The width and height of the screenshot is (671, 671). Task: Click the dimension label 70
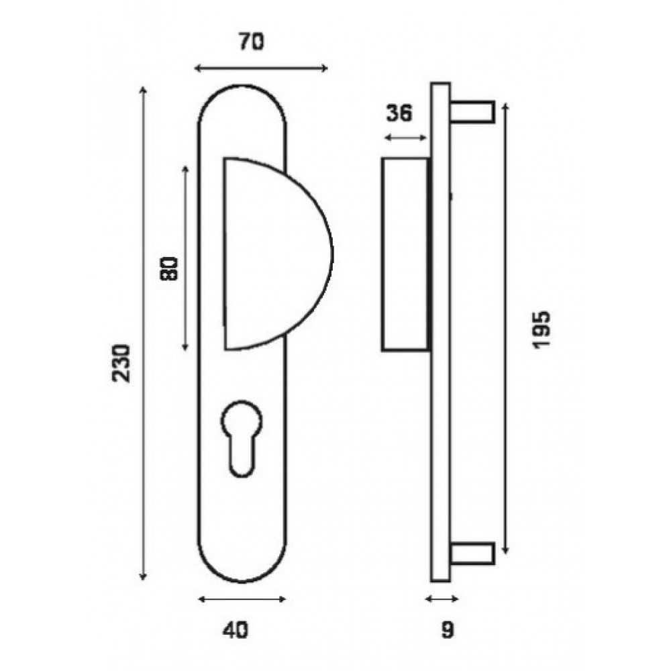coord(252,42)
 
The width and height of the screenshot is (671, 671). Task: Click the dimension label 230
coord(121,363)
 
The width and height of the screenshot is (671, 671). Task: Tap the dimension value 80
coord(168,269)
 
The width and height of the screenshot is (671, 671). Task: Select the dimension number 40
coord(235,630)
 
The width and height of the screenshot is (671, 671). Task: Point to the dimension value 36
coord(399,113)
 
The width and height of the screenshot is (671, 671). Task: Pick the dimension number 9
coord(448,630)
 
